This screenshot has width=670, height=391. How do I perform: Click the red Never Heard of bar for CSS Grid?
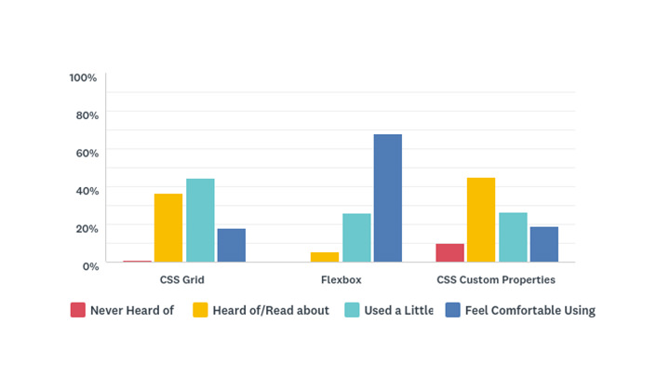pos(137,262)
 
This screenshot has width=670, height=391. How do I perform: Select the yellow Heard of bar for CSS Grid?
pos(168,228)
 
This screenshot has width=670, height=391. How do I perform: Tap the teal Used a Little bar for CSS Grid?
pos(200,221)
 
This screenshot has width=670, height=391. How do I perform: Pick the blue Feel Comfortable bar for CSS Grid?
pos(232,246)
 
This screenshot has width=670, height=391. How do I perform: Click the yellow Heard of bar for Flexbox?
pos(325,257)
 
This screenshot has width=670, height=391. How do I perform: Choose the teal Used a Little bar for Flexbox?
pos(356,238)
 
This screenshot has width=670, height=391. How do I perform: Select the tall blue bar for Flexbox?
pos(388,198)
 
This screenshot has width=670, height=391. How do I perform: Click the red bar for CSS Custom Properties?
pos(449,253)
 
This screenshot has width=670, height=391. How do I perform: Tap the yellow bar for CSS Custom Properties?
pos(481,220)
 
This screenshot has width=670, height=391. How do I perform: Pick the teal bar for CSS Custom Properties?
pos(513,237)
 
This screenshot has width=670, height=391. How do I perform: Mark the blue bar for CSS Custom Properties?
pos(544,245)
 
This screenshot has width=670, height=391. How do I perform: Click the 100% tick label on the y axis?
pos(83,76)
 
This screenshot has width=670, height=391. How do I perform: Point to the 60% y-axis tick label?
pos(87,153)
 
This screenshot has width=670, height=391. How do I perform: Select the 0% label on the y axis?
pos(90,266)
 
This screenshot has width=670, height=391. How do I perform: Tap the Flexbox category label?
pos(341,279)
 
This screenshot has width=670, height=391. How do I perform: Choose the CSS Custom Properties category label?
pos(496,279)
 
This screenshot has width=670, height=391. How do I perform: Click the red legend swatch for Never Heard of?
pos(78,310)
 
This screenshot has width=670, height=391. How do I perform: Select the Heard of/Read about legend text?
pos(271,311)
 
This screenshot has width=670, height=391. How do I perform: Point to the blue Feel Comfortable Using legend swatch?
pos(452,310)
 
